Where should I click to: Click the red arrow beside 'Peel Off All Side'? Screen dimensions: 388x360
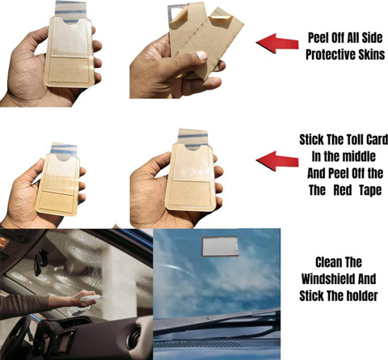277,43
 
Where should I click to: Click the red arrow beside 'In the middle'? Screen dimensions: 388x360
277,161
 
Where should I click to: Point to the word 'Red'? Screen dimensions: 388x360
343,190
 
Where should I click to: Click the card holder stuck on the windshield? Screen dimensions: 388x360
220,246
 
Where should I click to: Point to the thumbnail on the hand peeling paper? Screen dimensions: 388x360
201,55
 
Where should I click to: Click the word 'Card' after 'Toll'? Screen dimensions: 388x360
377,140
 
